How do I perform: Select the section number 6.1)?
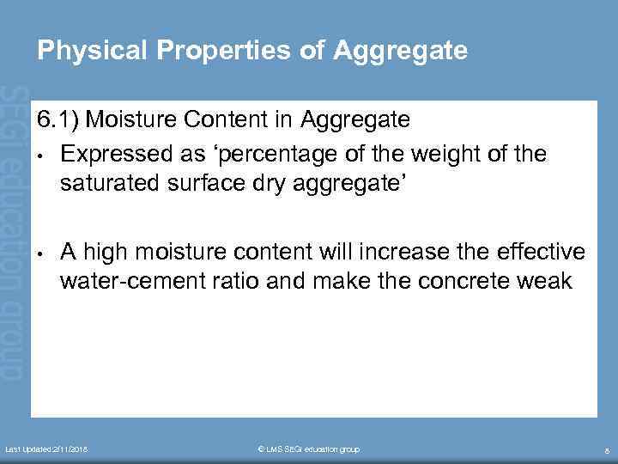pos(58,120)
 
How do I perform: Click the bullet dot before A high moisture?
pos(40,255)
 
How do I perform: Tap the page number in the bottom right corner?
pos(607,450)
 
